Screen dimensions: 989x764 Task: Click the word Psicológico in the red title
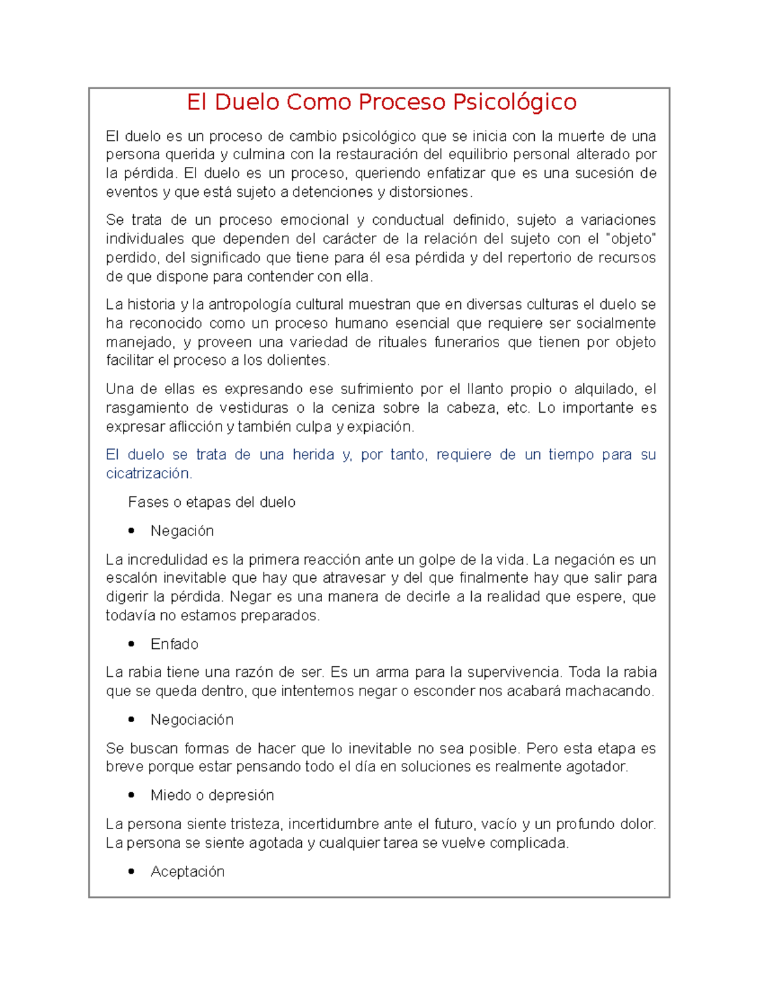(514, 103)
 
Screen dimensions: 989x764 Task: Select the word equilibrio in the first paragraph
(478, 155)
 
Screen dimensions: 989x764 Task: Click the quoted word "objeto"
(631, 239)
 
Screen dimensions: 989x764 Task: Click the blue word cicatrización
(148, 474)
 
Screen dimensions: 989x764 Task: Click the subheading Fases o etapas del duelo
(211, 502)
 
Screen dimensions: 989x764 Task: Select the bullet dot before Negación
(132, 531)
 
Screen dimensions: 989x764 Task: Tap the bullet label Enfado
(174, 644)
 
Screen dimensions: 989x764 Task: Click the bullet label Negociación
(192, 720)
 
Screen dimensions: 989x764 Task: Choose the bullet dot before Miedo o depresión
(132, 795)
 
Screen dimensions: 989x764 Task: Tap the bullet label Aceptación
(187, 872)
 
